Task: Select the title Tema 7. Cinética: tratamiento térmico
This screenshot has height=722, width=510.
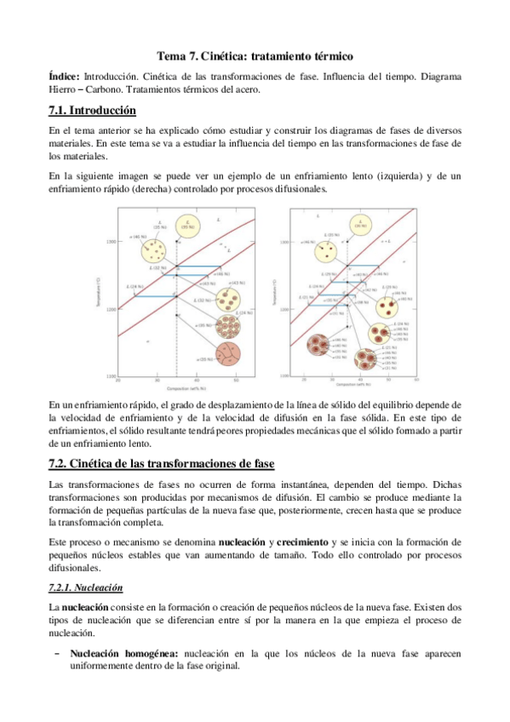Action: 255,56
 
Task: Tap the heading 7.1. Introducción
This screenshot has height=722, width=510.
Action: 93,110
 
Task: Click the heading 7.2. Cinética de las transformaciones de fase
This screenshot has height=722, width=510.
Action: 162,463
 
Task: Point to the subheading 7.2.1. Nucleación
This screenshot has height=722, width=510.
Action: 87,587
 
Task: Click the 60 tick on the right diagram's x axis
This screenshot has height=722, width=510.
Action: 416,380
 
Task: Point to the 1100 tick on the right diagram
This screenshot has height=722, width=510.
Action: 285,375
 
